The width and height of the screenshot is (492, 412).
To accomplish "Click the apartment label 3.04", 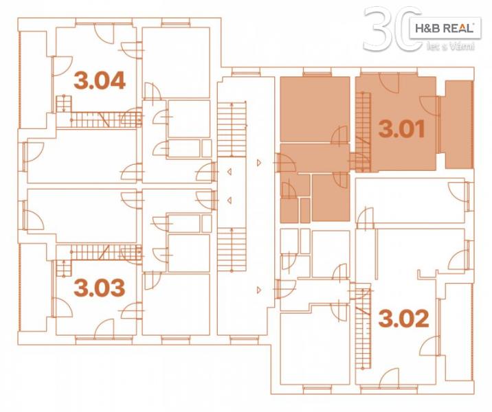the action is [x=100, y=80].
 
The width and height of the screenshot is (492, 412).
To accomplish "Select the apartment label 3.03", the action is [x=100, y=288].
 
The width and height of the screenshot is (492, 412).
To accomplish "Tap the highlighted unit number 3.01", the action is [x=401, y=129].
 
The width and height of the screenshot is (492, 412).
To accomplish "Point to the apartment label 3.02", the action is [x=403, y=318].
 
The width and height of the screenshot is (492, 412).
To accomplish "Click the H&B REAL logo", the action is [x=445, y=28].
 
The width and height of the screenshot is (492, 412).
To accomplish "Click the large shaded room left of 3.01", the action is [x=315, y=109].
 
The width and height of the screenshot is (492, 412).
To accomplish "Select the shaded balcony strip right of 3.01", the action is [x=459, y=124].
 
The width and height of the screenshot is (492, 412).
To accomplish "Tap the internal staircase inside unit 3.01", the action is [x=364, y=132].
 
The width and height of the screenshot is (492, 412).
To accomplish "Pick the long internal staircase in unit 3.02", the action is [x=364, y=326].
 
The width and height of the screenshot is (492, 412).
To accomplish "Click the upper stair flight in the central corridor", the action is [x=232, y=129].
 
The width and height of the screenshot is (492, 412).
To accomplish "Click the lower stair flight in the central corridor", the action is [x=232, y=249].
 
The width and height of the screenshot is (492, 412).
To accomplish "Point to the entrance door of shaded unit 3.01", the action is [x=285, y=163].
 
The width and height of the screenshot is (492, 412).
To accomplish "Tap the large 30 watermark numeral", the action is [x=392, y=29].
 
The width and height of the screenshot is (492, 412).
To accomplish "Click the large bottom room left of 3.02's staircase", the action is [x=315, y=345].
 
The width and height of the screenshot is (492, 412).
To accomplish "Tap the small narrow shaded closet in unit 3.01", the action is [x=305, y=210].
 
